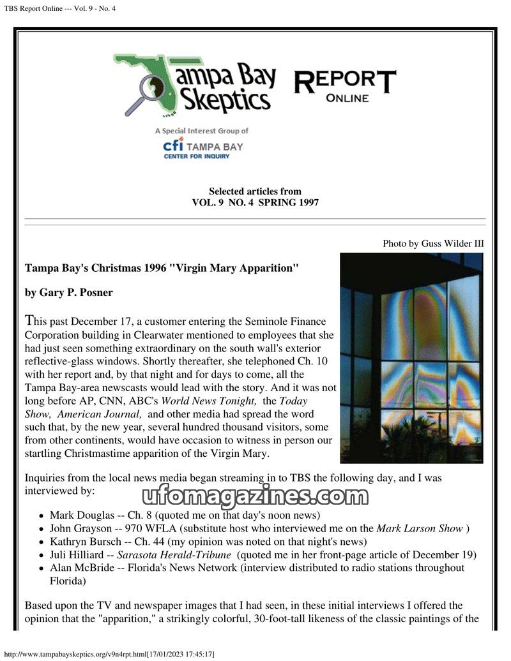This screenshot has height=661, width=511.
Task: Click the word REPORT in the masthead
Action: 344,81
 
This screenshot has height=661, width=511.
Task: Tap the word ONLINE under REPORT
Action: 347,98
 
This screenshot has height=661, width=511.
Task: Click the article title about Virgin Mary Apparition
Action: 161,268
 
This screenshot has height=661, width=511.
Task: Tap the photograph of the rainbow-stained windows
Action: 411,357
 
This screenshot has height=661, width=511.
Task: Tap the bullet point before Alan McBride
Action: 41,568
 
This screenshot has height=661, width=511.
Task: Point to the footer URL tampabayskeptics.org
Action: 77,655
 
